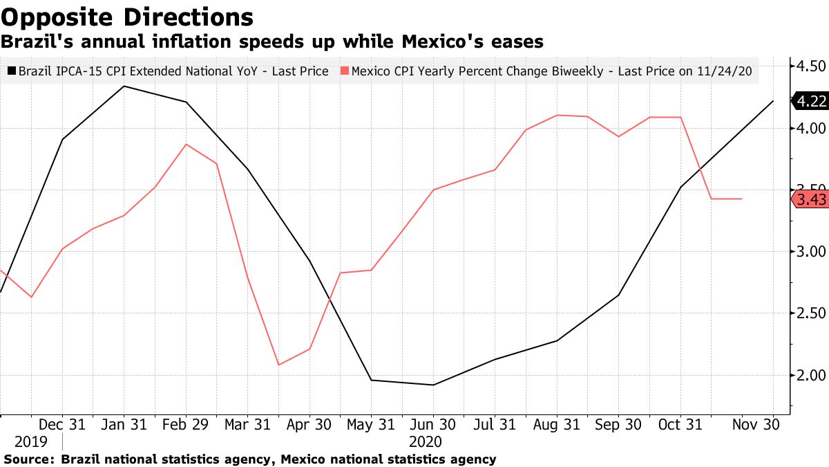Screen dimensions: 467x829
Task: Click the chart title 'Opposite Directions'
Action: pos(126,17)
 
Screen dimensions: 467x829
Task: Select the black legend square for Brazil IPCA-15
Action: pos(12,71)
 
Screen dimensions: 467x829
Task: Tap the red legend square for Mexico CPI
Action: pos(345,71)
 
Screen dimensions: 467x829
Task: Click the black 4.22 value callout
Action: pos(810,102)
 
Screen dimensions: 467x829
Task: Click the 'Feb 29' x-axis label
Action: pos(186,424)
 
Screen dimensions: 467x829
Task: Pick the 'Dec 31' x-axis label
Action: pos(62,424)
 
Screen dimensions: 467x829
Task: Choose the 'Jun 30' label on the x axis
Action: pos(433,424)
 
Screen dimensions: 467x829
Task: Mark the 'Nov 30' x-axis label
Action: pos(756,424)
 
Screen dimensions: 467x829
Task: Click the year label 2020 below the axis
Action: pos(426,441)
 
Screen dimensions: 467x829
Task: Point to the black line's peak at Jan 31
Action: pos(124,86)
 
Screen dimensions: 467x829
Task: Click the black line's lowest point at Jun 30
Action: pos(433,385)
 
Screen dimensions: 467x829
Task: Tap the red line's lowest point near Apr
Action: pos(278,365)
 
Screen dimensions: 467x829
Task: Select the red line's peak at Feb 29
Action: pos(186,144)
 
